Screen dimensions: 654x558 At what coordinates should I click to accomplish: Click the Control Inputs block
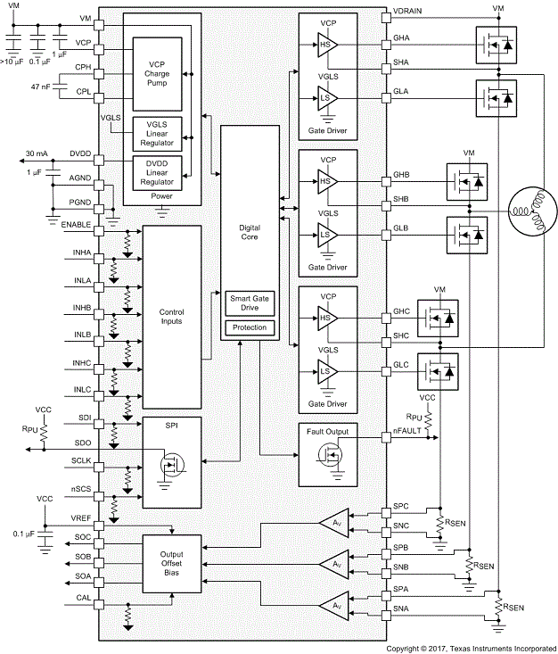pos(171,318)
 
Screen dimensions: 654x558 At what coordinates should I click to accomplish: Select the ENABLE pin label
pos(77,224)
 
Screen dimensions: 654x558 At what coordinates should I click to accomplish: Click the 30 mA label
pos(37,153)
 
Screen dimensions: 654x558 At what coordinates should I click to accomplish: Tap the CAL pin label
pos(83,598)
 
